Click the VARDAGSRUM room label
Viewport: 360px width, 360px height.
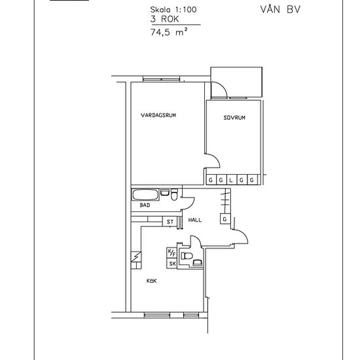pos(158,115)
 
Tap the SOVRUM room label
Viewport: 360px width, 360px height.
pos(234,118)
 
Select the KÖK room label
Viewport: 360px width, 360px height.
pos(152,281)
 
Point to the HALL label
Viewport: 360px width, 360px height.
pos(195,220)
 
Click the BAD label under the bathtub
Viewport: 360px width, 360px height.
pos(145,205)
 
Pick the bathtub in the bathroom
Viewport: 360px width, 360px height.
pos(145,194)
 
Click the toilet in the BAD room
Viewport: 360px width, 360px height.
pos(174,194)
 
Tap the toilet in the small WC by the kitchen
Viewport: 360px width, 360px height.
pos(187,255)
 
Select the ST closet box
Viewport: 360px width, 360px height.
pos(170,222)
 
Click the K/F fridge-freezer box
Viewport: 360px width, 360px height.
pos(171,253)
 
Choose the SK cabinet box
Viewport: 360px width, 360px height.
pos(171,264)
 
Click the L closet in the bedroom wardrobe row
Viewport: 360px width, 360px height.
pos(231,180)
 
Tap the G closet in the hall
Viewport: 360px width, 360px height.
pos(225,219)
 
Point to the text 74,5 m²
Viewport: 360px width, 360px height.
pos(169,32)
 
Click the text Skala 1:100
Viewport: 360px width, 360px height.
pos(173,10)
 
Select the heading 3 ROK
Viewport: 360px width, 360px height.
pos(164,19)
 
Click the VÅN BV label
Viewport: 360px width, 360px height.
pos(280,9)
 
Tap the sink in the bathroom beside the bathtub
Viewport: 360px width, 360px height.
pos(164,192)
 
